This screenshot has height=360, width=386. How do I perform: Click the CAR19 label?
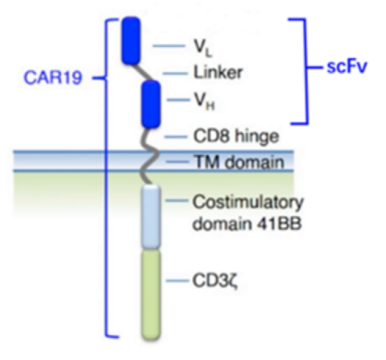click(x=54, y=78)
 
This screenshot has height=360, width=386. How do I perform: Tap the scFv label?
click(x=346, y=66)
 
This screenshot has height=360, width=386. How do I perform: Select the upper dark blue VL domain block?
click(x=131, y=41)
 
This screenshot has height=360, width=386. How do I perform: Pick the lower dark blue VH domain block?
click(x=151, y=104)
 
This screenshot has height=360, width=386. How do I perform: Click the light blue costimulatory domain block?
click(x=151, y=217)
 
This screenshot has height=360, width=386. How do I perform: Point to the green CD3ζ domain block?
click(x=151, y=294)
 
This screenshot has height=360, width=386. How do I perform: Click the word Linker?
click(x=218, y=73)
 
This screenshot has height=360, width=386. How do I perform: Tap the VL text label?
click(x=203, y=49)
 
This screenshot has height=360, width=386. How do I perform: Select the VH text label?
click(x=204, y=101)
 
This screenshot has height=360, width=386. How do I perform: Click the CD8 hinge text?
click(x=236, y=136)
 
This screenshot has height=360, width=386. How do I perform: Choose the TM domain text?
click(x=238, y=162)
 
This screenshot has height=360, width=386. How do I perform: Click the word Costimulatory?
click(x=247, y=203)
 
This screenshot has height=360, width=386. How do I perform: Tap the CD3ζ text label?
click(x=215, y=282)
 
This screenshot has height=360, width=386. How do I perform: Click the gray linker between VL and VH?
click(x=144, y=72)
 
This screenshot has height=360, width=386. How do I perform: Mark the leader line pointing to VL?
click(x=169, y=46)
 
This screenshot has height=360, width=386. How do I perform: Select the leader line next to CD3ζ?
click(x=176, y=281)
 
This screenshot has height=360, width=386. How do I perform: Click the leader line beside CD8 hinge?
click(x=175, y=137)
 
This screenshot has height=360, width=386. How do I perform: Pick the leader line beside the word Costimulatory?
click(x=176, y=200)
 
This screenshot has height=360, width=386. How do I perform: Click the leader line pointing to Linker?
click(x=175, y=74)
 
